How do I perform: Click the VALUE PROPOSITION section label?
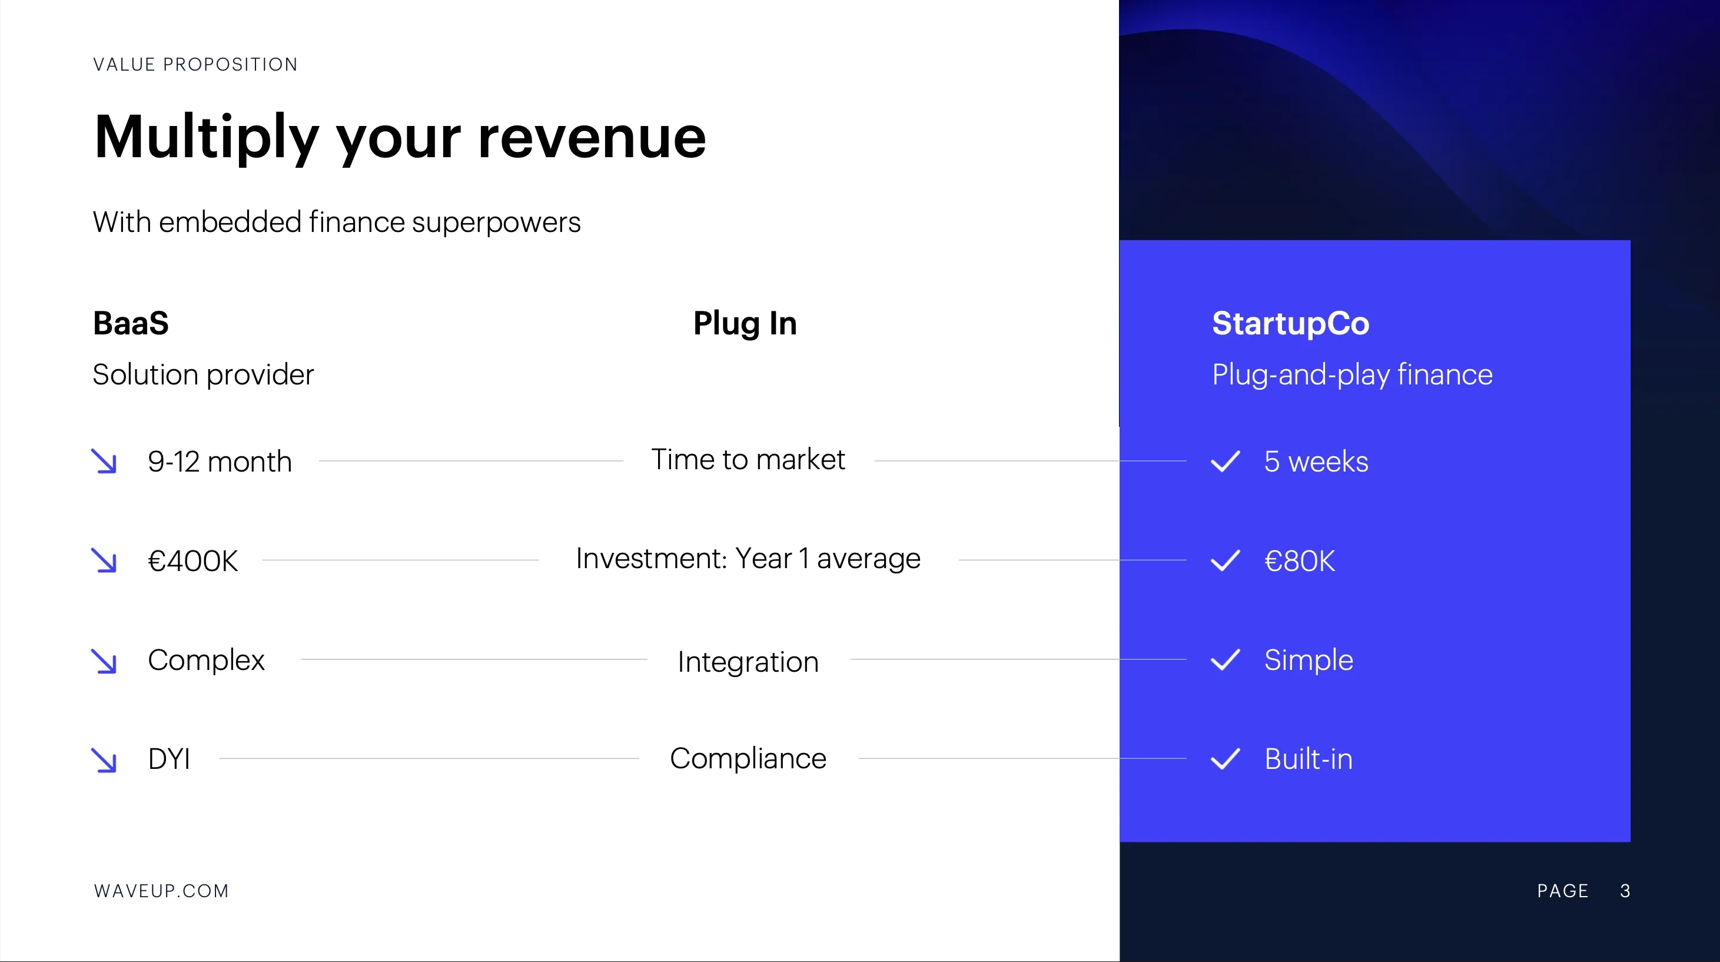click(x=195, y=65)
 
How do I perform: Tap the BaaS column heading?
click(x=131, y=323)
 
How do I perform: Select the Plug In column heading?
click(x=745, y=324)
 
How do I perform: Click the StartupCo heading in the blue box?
click(x=1290, y=324)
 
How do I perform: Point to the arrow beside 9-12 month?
click(x=104, y=462)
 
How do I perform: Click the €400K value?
click(x=192, y=561)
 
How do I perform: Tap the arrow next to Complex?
click(x=104, y=661)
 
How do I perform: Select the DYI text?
click(x=169, y=759)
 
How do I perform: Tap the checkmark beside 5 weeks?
click(x=1225, y=462)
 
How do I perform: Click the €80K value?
click(x=1299, y=561)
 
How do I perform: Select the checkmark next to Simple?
click(x=1225, y=660)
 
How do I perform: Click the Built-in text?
click(x=1308, y=759)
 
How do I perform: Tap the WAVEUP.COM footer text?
click(x=161, y=891)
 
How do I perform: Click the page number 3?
click(x=1625, y=891)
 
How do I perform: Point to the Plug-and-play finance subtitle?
click(x=1352, y=374)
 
